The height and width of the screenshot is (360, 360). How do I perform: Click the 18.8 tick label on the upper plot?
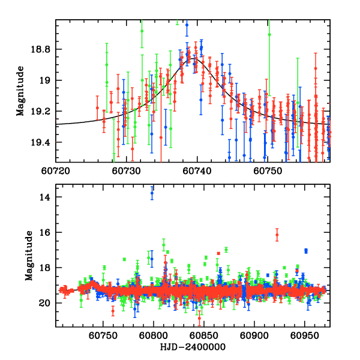pos(44,49)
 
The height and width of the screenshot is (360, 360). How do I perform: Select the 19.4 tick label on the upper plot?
pos(44,142)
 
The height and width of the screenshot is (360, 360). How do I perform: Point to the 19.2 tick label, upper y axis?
pos(44,112)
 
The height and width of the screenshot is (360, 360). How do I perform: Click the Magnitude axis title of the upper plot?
pos(21,90)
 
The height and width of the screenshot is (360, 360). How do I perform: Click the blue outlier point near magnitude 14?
pos(152,193)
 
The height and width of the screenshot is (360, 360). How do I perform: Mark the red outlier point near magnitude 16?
pos(277,235)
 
